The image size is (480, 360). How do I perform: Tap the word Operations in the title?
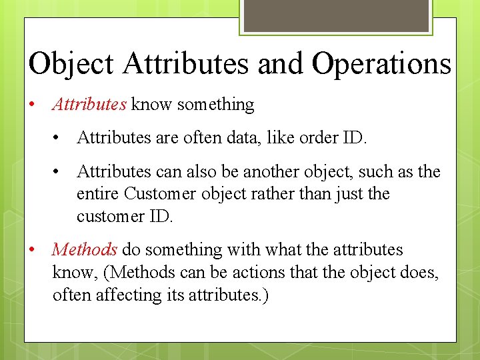point(381,65)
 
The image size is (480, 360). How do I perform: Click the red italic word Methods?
point(85,250)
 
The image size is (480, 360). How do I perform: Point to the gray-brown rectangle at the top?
point(336,15)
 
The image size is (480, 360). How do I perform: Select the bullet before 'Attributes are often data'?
point(59,138)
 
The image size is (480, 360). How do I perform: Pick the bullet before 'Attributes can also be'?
point(59,172)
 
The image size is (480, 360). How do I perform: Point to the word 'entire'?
point(98,194)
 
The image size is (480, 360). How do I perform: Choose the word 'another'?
point(272,172)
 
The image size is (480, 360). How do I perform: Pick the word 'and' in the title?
point(281,65)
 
